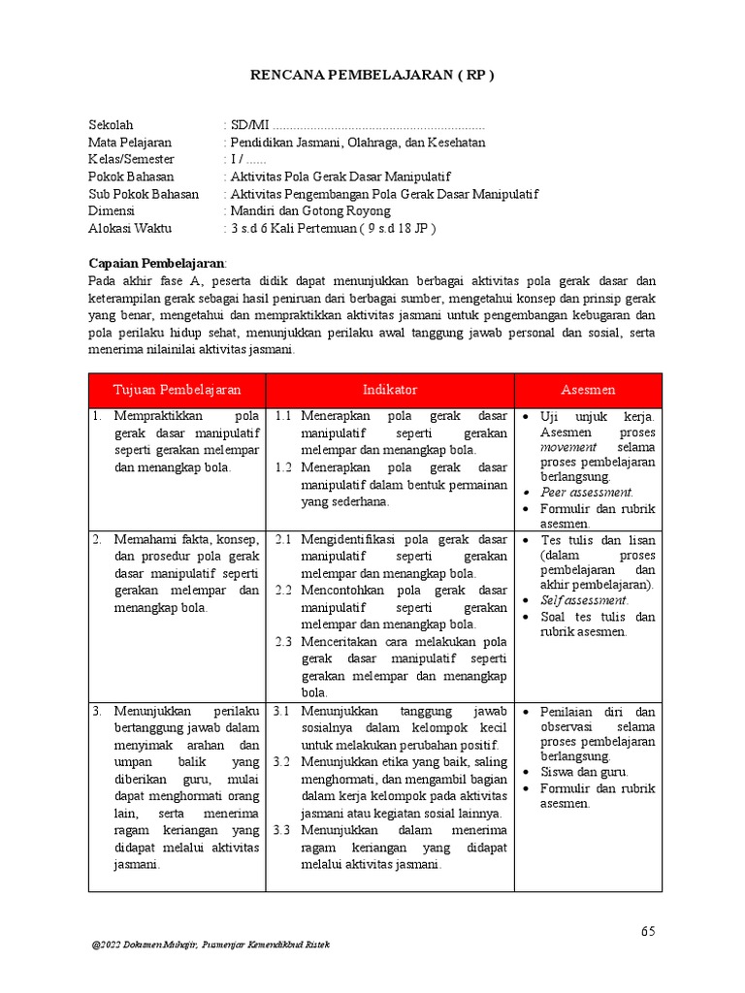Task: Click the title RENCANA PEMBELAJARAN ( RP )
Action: [x=372, y=76]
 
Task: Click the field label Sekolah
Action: [x=111, y=125]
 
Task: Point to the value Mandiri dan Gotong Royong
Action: [x=309, y=211]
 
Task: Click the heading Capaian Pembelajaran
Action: [x=157, y=263]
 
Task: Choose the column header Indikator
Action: [x=390, y=390]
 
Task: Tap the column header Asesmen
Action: [x=588, y=390]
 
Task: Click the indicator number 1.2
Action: [x=283, y=467]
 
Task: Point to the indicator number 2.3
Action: [x=283, y=642]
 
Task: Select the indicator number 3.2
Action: [x=283, y=762]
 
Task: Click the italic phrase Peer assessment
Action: [x=587, y=493]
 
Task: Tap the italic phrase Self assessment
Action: [x=585, y=600]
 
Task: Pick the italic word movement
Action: [x=570, y=448]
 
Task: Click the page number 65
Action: [x=648, y=932]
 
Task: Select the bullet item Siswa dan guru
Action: [x=585, y=772]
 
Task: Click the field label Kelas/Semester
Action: [x=131, y=160]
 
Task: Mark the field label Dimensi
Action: [x=112, y=211]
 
